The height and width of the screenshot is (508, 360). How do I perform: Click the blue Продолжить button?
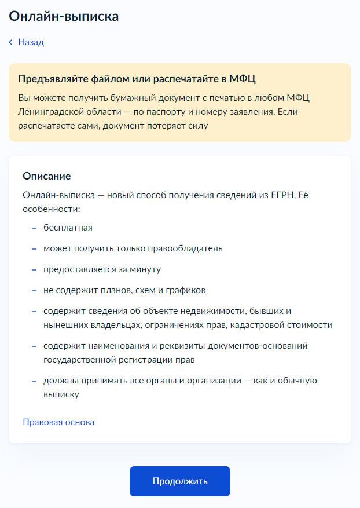(179, 481)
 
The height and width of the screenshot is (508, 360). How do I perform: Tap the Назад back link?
(31, 42)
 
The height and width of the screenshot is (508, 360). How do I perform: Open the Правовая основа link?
(58, 422)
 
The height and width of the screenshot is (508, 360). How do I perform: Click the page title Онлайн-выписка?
(64, 16)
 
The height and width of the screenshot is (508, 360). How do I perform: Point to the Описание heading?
(46, 176)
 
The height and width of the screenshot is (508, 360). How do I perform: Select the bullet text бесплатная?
(68, 228)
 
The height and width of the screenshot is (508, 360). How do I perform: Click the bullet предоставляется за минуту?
(102, 269)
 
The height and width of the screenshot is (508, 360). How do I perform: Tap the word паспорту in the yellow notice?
(197, 111)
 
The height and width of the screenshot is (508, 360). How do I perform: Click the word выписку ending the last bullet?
(61, 394)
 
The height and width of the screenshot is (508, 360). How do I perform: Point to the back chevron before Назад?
(10, 42)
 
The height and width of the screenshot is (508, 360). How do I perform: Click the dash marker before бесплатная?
(34, 228)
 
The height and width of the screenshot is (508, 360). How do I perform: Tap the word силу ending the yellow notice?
(197, 125)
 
